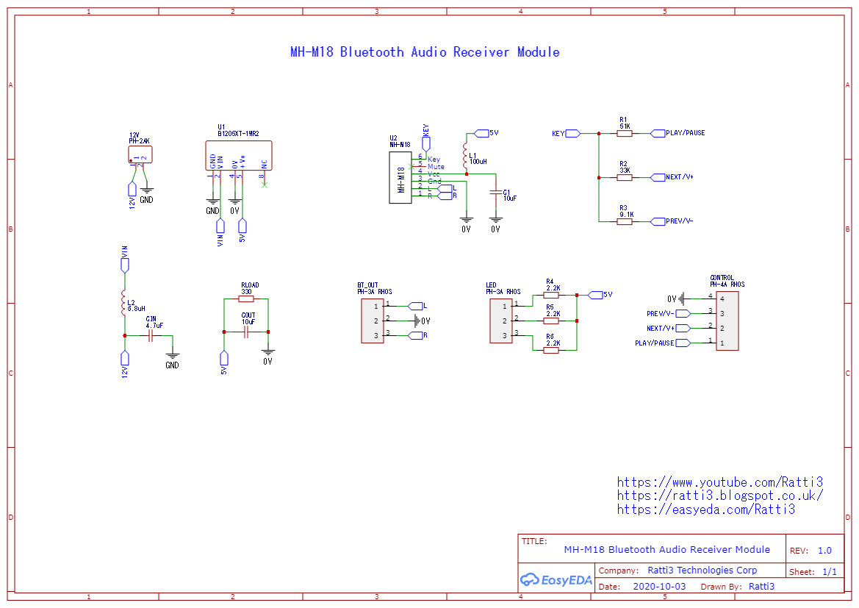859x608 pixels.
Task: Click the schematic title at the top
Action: coord(425,52)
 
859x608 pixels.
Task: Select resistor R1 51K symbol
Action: coord(624,134)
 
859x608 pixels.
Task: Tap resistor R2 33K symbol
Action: coord(624,177)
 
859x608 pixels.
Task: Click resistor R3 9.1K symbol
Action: coord(624,221)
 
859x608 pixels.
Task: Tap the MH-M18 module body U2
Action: coord(401,177)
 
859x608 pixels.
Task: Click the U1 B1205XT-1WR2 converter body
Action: coord(238,156)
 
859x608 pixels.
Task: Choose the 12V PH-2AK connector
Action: coord(140,154)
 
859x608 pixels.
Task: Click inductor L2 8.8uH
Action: coord(124,304)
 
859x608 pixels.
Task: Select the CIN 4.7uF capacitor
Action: coord(151,335)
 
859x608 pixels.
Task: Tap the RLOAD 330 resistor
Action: coord(246,299)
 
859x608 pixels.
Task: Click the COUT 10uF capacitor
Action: coord(246,332)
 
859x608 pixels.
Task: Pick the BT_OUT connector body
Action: coord(372,321)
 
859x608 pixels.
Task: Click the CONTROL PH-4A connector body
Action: coord(727,321)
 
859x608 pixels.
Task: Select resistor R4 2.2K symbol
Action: coord(551,295)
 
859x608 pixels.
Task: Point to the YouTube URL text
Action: coord(719,482)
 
